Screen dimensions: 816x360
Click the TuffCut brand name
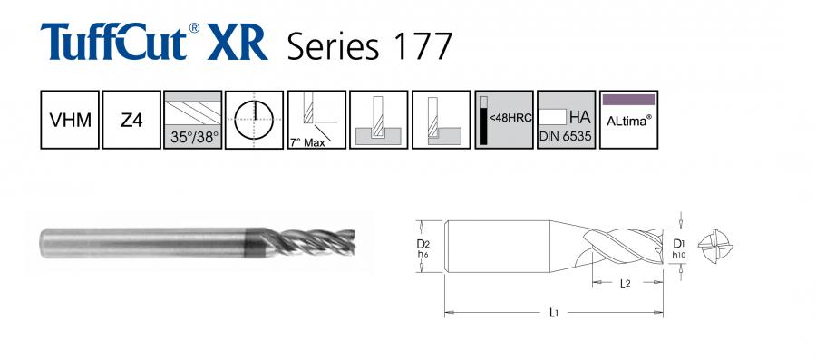113,42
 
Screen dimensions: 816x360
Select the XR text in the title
238,43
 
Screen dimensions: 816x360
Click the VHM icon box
70,120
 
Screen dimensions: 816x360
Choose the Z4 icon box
131,120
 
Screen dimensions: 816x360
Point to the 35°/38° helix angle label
195,139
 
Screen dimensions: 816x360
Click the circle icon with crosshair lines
255,120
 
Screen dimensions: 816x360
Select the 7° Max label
307,142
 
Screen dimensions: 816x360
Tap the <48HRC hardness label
510,118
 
